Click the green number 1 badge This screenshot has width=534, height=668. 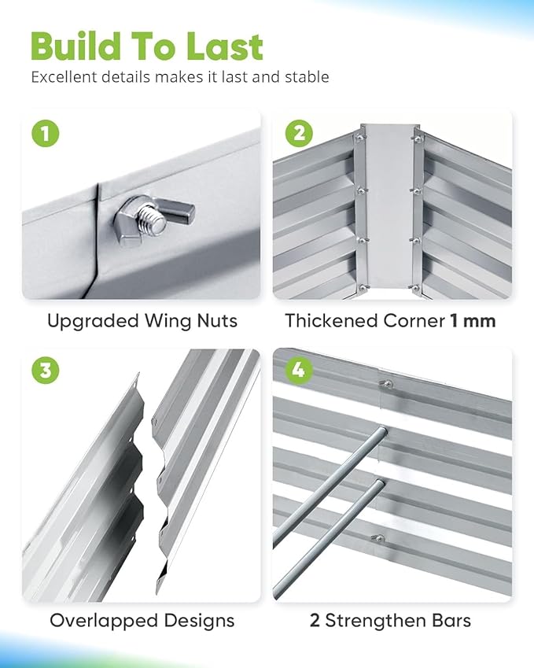(46, 133)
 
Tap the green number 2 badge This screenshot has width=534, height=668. (299, 133)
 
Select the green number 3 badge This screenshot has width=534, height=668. (46, 370)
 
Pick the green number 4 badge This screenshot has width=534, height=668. (299, 370)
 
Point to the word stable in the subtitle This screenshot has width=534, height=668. (307, 77)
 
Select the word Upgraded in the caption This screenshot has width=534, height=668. (92, 322)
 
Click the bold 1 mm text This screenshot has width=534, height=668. (473, 321)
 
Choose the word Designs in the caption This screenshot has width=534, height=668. (199, 621)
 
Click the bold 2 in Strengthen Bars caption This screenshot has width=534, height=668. (315, 621)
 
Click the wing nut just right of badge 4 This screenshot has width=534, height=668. (387, 384)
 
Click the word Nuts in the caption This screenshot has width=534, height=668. (217, 321)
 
